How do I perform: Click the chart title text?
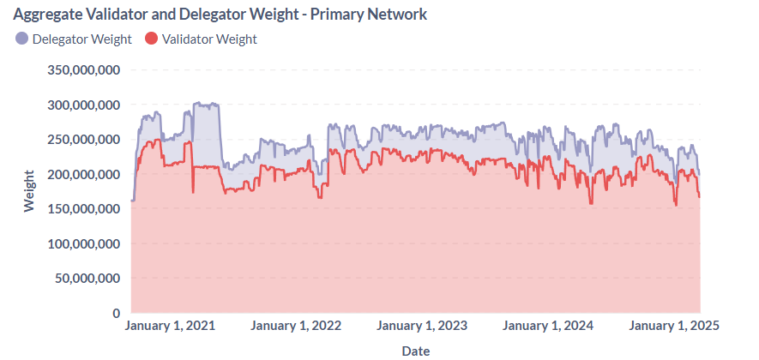(220, 15)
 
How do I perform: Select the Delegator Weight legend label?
(81, 39)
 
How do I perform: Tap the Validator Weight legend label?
(209, 39)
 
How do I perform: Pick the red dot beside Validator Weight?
(152, 39)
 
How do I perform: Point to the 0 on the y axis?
(114, 314)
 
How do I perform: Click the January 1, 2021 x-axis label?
(170, 326)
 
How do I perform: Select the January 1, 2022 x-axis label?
(296, 326)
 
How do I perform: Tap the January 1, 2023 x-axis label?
(422, 326)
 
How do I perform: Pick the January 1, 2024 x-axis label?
(548, 326)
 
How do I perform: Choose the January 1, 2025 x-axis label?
(673, 326)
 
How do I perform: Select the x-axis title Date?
(416, 350)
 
